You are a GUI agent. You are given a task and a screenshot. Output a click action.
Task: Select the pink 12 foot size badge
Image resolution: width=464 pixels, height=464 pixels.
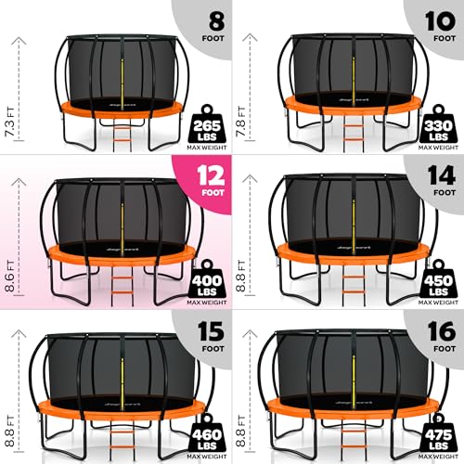click(x=201, y=177)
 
